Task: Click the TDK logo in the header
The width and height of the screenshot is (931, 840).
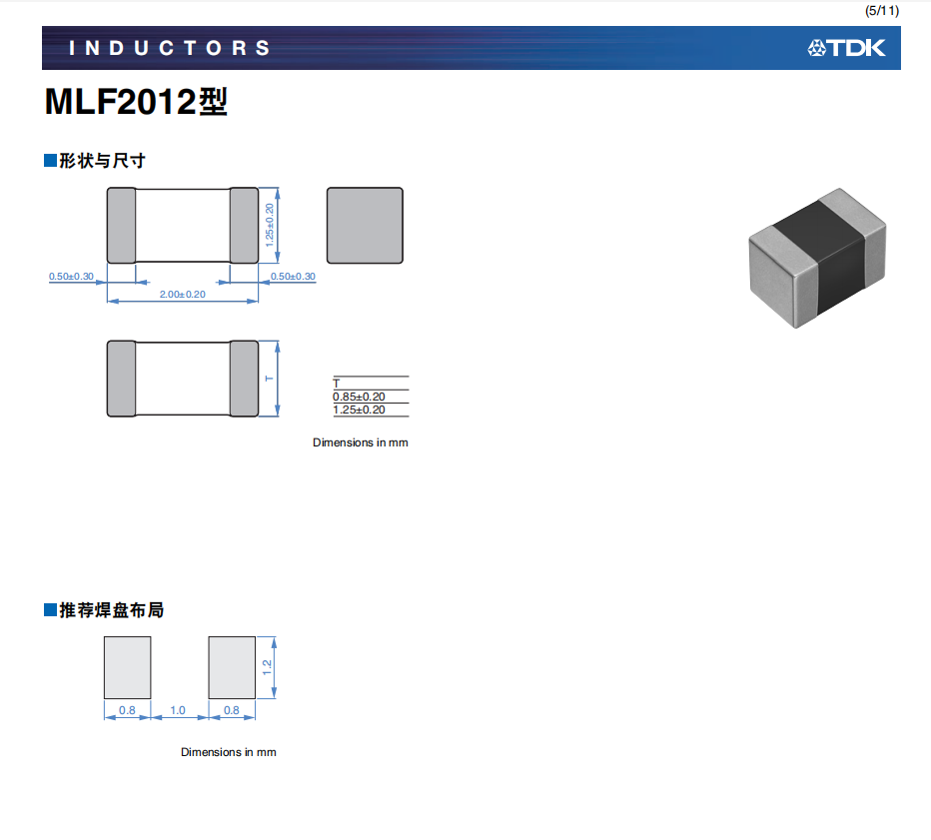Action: tap(846, 48)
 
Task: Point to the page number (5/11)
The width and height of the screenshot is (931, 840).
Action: tap(882, 10)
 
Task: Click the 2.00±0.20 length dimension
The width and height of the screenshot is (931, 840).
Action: tap(182, 295)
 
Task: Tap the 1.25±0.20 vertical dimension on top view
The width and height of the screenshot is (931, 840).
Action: tap(269, 225)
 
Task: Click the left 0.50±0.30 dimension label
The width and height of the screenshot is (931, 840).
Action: tap(71, 277)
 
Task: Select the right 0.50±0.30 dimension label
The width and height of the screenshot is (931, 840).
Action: tap(293, 277)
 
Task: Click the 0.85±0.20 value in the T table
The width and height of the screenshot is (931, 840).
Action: tap(359, 397)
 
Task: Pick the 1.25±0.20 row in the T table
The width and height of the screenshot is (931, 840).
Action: tap(359, 410)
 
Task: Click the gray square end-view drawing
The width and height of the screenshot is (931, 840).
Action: tap(365, 226)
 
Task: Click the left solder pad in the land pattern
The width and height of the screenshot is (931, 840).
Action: tap(128, 668)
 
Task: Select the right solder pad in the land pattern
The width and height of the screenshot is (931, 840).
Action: tap(232, 668)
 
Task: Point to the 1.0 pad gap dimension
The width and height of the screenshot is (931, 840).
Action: tap(178, 711)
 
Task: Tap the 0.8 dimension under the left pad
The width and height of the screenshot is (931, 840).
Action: tap(128, 711)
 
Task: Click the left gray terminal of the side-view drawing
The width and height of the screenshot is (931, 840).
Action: tap(121, 379)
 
